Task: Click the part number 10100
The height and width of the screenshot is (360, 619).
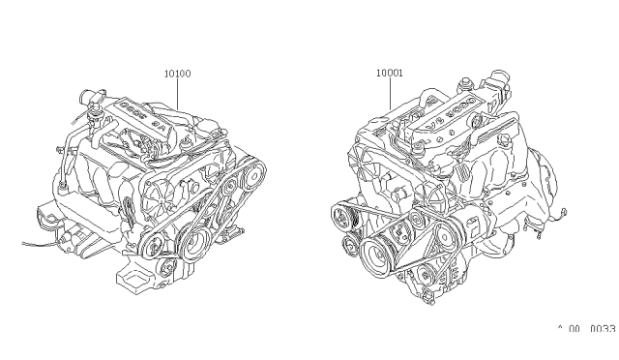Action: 177,72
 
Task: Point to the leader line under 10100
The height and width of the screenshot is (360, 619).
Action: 177,91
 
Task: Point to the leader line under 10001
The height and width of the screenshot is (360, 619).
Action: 390,93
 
